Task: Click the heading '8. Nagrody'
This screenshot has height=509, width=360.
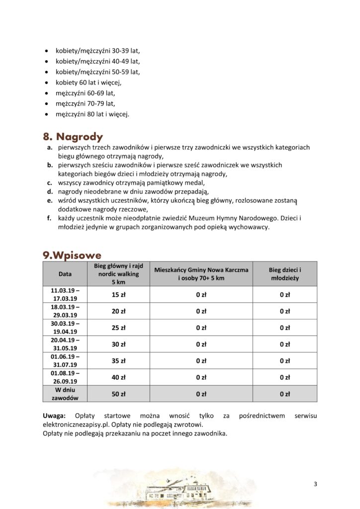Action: pyautogui.click(x=73, y=137)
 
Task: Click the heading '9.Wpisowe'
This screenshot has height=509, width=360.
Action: pyautogui.click(x=72, y=255)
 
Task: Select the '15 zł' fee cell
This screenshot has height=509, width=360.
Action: pyautogui.click(x=118, y=295)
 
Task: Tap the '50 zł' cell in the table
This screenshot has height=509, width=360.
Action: pyautogui.click(x=118, y=394)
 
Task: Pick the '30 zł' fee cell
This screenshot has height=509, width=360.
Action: pyautogui.click(x=118, y=344)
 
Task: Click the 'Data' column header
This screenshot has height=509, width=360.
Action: pyautogui.click(x=65, y=273)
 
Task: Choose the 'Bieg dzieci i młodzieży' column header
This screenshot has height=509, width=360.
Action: pyautogui.click(x=284, y=274)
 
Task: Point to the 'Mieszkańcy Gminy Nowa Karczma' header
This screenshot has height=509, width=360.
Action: pyautogui.click(x=201, y=270)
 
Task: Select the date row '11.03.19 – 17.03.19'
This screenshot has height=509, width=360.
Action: pyautogui.click(x=65, y=294)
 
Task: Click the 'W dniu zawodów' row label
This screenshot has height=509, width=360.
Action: pyautogui.click(x=65, y=394)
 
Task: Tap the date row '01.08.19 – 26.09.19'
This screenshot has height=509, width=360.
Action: pyautogui.click(x=65, y=377)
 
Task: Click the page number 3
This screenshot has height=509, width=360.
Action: pyautogui.click(x=315, y=484)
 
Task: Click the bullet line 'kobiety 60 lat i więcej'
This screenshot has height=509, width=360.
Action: pyautogui.click(x=88, y=83)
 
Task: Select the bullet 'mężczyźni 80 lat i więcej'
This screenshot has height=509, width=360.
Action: pyautogui.click(x=92, y=114)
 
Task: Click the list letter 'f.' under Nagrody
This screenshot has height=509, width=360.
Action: pyautogui.click(x=49, y=218)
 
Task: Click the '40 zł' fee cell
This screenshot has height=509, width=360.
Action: pyautogui.click(x=118, y=377)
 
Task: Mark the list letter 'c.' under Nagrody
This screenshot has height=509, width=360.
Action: pyautogui.click(x=50, y=183)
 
